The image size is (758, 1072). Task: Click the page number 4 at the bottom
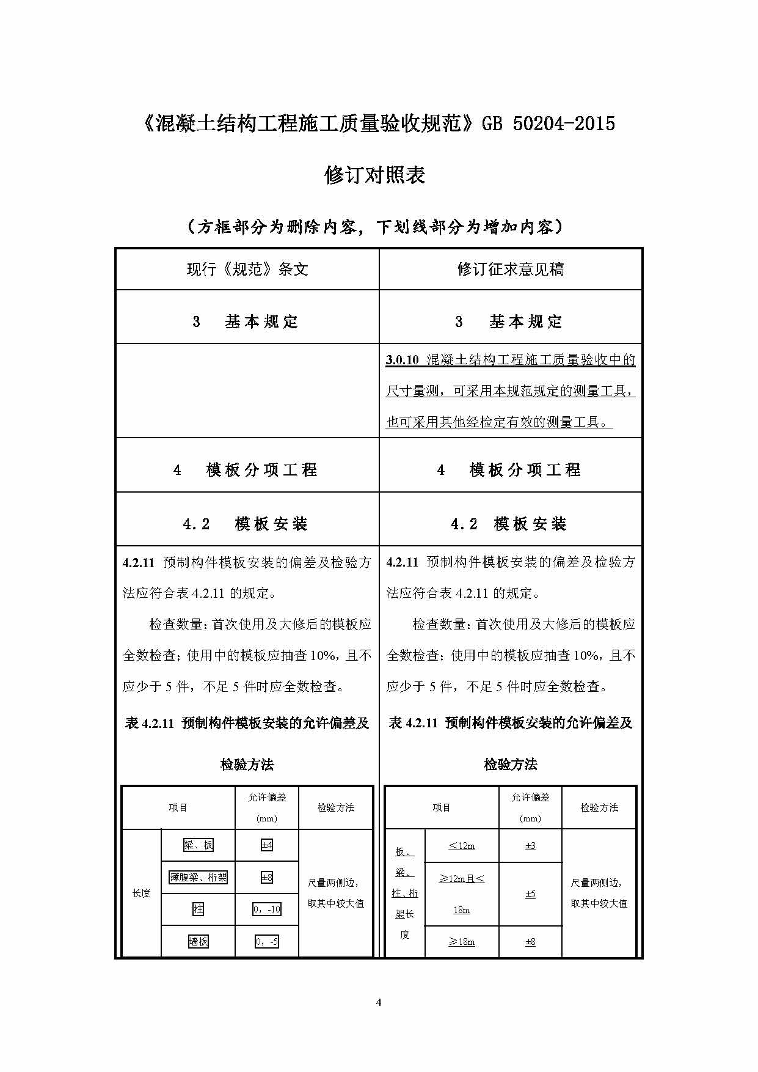(379, 1002)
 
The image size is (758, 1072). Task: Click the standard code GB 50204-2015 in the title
(548, 124)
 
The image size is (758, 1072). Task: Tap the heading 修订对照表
(374, 176)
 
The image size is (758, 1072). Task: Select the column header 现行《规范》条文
(247, 270)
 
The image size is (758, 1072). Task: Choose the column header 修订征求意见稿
(511, 270)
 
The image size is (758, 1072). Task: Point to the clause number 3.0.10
(402, 360)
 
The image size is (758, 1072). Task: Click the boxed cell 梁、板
(199, 845)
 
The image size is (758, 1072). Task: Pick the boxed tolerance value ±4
(267, 845)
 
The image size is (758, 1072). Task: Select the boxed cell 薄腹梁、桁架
(199, 878)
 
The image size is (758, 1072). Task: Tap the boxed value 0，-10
(267, 909)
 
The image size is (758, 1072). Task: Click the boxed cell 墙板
(199, 942)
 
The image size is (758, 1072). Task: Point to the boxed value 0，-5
(267, 942)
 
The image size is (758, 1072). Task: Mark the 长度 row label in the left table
(141, 894)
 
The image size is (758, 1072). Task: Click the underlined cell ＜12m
(462, 846)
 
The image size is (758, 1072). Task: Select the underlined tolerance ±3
(530, 846)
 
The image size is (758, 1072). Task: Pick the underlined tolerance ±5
(530, 894)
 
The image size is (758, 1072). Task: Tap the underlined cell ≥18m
(462, 942)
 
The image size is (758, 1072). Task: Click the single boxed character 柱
(199, 909)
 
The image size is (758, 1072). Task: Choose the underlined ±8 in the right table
(530, 942)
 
